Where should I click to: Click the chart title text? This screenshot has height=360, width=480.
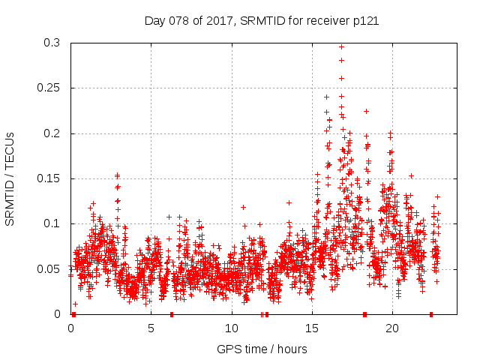tap(261, 21)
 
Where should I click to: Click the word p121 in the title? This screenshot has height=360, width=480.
tap(364, 21)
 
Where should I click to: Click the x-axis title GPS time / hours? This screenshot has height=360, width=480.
tap(261, 349)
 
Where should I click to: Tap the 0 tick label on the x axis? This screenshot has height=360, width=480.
tap(71, 328)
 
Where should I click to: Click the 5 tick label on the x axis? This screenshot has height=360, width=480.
tap(151, 328)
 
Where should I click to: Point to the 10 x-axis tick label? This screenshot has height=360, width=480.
tap(231, 328)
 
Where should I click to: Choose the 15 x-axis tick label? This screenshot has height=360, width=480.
tap(311, 328)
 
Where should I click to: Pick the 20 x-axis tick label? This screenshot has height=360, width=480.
tap(391, 328)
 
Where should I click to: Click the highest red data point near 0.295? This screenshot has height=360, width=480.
tap(341, 46)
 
